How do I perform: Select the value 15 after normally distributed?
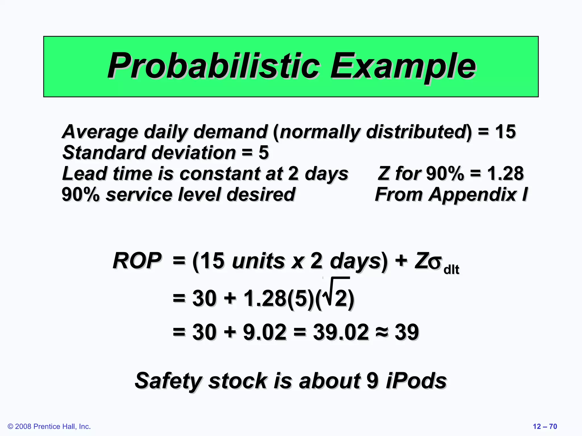click(505, 132)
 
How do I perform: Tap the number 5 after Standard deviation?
click(263, 153)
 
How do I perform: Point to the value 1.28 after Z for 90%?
click(505, 173)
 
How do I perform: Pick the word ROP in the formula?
click(137, 261)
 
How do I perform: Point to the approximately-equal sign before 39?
click(382, 332)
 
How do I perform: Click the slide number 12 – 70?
click(545, 426)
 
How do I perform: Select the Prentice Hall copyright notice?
click(49, 426)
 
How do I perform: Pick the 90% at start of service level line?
click(80, 195)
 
